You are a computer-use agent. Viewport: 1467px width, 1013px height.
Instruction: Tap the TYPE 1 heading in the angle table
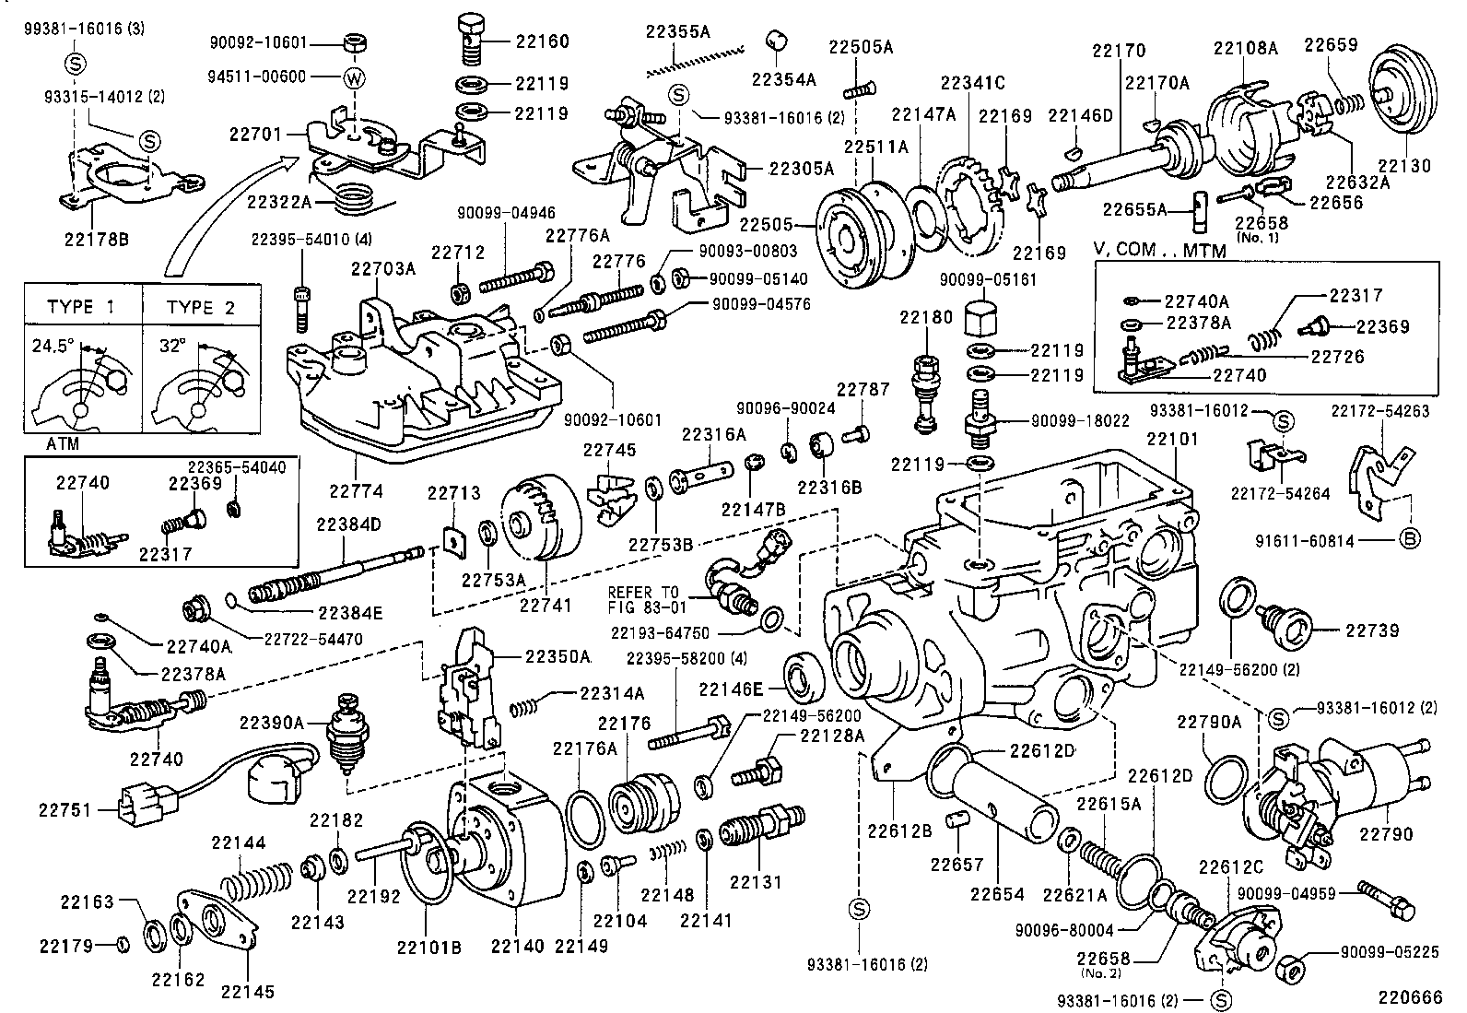[x=81, y=308]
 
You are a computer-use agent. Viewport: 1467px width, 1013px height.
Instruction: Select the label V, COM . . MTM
[x=1159, y=251]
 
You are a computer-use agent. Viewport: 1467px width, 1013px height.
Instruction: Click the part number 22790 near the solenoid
[x=1386, y=833]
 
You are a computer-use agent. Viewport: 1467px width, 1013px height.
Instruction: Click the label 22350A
[x=557, y=657]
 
